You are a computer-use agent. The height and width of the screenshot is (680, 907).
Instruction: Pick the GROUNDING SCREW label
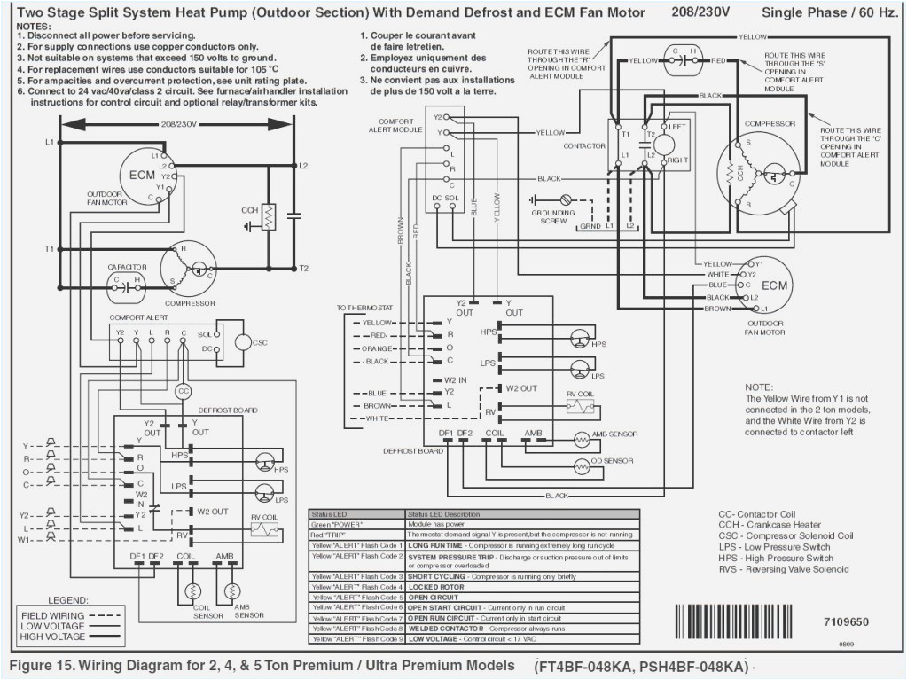552,216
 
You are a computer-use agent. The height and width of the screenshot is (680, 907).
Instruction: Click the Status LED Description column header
450,514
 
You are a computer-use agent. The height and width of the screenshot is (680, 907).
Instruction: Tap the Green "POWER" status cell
335,524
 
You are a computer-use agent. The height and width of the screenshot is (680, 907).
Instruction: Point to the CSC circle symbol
244,342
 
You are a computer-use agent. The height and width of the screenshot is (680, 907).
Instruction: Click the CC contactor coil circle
183,391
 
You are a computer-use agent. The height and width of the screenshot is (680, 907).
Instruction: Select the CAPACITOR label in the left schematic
127,267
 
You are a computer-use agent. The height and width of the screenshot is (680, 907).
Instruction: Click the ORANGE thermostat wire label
377,348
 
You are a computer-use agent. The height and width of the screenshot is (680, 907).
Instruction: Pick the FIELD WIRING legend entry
53,615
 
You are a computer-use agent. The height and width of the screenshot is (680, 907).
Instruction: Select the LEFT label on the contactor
676,128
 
